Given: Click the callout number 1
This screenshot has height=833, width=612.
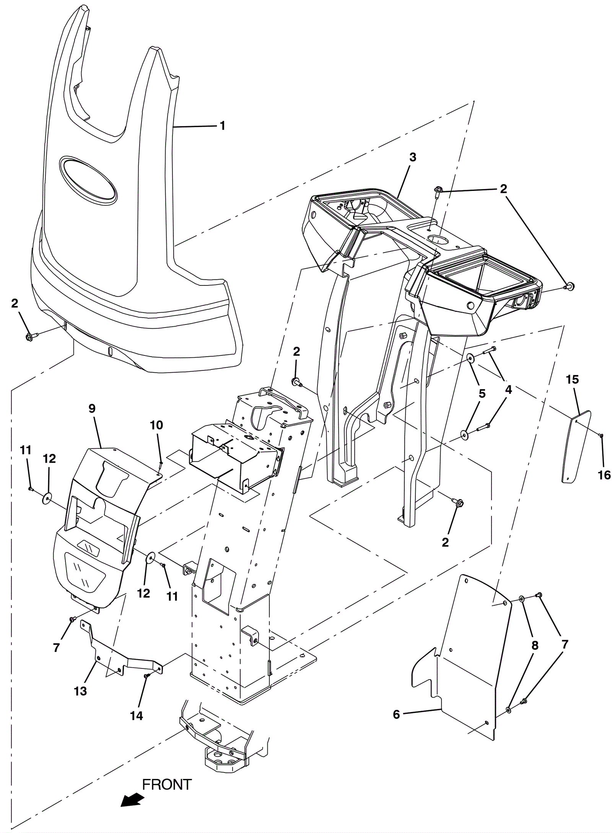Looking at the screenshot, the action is tap(222, 126).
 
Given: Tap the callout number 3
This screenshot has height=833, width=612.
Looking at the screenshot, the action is tap(413, 157).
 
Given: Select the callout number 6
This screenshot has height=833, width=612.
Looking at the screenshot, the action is tap(396, 714).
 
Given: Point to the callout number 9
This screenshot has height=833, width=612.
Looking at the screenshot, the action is tap(92, 409).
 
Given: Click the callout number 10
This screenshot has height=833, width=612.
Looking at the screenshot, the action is tap(157, 425).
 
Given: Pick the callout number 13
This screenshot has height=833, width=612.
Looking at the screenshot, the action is tap(81, 691).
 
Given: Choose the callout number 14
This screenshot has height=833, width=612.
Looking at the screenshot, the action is tap(137, 716).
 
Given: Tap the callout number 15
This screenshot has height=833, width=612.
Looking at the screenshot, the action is tap(573, 380).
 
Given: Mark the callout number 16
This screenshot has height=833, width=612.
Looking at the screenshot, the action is tap(604, 475).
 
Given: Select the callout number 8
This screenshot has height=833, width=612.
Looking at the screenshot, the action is tap(535, 646).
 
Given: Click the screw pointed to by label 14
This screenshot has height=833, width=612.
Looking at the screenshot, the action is tap(146, 677).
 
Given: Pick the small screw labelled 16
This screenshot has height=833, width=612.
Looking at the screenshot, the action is tap(601, 435).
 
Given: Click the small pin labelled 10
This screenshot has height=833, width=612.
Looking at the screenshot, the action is tap(161, 465).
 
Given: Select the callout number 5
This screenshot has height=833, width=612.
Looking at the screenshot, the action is tap(482, 393).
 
